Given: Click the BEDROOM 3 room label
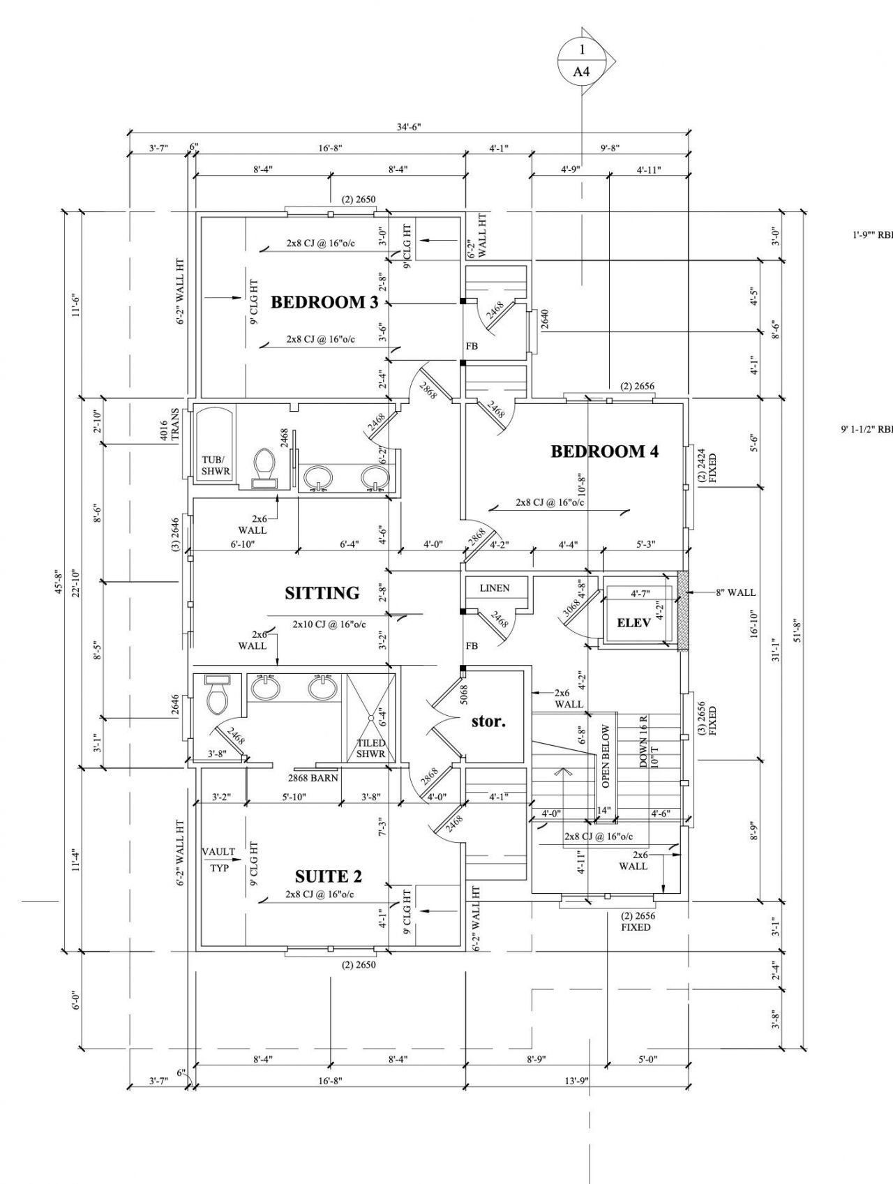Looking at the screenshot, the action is (324, 302).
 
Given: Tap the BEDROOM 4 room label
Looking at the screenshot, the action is (605, 451).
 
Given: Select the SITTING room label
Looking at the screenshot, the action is (322, 593).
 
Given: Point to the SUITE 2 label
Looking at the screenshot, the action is (329, 876).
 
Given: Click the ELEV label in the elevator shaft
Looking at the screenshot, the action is (634, 622).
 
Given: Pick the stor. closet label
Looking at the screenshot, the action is (488, 721).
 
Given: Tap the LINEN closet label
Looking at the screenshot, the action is (495, 588).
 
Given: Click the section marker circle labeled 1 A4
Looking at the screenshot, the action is (582, 61).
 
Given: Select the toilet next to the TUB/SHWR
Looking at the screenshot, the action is (263, 467).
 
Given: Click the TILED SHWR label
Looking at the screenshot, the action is (371, 748).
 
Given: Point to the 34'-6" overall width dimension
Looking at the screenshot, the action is (409, 127).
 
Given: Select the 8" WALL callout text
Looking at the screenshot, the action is (735, 593).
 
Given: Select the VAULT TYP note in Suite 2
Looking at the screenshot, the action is (219, 860).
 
